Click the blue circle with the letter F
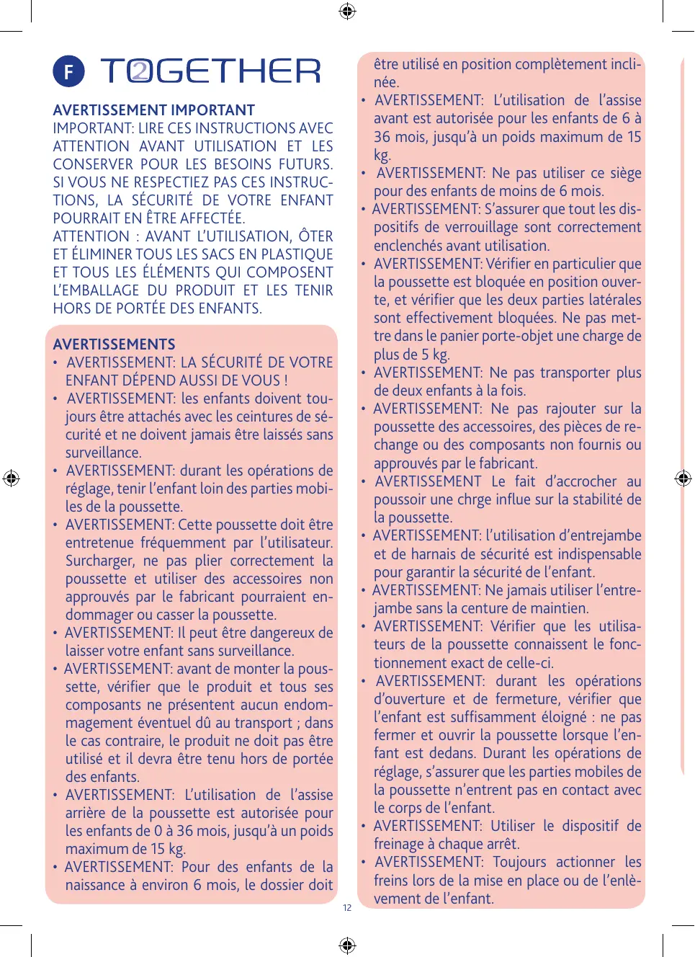click(68, 72)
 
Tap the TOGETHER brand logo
click(210, 71)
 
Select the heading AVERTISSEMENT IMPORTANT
click(153, 110)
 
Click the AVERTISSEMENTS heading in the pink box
click(114, 344)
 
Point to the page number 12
click(347, 908)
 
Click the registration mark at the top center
click(347, 11)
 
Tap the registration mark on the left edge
click(11, 478)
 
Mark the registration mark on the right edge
click(683, 478)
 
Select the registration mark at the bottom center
click(347, 945)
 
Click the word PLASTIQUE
click(297, 254)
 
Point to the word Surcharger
click(99, 561)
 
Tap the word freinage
click(398, 844)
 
